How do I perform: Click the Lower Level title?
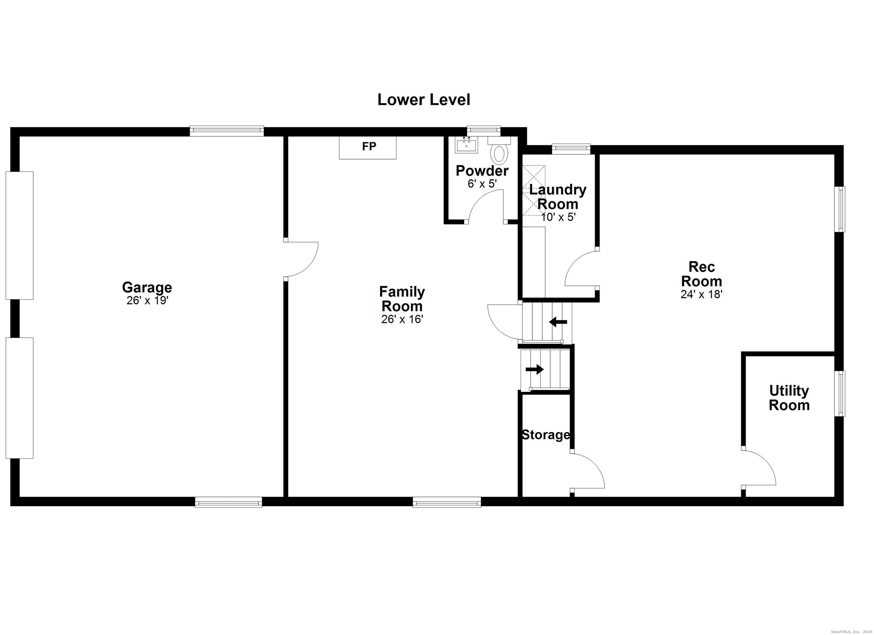coord(424,100)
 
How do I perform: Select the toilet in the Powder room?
coord(499,153)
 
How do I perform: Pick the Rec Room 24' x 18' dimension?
coord(701,294)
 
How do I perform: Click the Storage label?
coord(545,435)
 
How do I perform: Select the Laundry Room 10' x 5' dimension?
coord(558,217)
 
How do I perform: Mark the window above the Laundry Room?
coord(571,148)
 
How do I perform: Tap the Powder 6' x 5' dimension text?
coord(482,184)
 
